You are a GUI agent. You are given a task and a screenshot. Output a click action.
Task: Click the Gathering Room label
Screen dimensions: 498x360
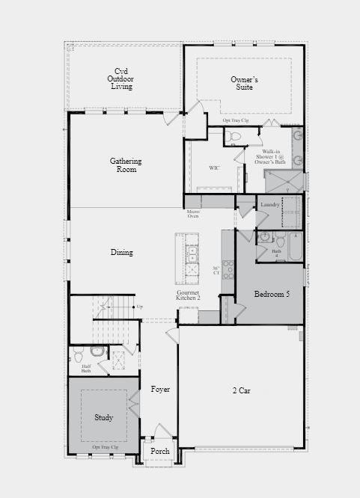[x=126, y=165]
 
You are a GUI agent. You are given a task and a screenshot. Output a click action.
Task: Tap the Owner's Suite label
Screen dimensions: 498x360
[x=244, y=84]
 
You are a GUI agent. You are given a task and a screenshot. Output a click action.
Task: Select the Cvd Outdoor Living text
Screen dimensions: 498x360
[x=120, y=79]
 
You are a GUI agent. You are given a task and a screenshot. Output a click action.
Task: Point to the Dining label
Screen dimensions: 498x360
[x=122, y=253]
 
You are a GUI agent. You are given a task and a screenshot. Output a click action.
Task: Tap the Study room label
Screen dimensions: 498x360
[x=104, y=417]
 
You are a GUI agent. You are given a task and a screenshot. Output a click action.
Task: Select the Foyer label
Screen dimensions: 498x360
[x=160, y=390]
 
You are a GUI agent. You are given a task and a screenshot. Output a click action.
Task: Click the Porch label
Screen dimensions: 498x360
[x=160, y=452]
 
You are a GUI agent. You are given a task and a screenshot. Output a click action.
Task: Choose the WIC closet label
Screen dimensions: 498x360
[x=214, y=168]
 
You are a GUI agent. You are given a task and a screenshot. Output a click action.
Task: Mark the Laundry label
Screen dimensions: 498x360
[x=270, y=204]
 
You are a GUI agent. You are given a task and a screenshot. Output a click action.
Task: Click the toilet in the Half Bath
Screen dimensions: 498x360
[x=97, y=351]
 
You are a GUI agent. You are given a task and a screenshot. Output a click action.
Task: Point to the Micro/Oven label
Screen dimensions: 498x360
[x=193, y=215]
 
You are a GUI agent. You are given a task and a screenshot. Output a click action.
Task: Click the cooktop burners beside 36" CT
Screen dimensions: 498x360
[x=228, y=268]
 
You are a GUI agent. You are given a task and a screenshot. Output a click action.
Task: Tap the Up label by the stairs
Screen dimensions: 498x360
[x=139, y=307]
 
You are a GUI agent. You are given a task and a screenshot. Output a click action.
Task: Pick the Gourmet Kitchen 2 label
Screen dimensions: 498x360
[x=188, y=295]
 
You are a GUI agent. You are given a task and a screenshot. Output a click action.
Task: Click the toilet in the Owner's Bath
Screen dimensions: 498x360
[x=234, y=137]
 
